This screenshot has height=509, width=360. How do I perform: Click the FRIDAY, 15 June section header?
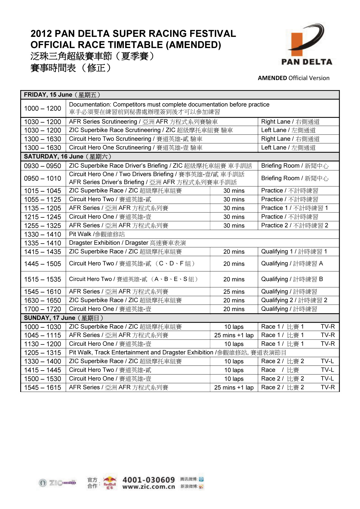(x=62, y=95)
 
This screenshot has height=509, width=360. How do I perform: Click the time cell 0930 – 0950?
(x=42, y=166)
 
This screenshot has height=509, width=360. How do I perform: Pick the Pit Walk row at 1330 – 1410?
(x=97, y=234)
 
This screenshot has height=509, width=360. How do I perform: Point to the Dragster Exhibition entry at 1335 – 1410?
(x=127, y=243)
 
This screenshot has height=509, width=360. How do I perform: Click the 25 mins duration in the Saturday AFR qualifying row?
(x=234, y=292)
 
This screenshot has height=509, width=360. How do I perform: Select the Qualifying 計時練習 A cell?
(x=292, y=264)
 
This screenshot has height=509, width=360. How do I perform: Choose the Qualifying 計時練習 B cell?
(x=292, y=279)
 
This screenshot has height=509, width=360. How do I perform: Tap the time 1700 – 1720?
(x=42, y=309)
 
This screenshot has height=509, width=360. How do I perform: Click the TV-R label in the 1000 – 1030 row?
(x=328, y=327)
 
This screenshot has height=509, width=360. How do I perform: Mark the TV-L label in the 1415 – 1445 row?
(x=327, y=370)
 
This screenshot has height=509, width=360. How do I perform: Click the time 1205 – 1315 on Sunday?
(x=42, y=353)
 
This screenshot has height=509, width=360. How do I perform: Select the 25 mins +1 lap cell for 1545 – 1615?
(x=234, y=388)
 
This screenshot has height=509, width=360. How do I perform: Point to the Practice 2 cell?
(x=294, y=226)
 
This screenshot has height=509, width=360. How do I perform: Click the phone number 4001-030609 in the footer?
(x=148, y=480)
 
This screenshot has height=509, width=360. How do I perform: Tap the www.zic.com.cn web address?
(x=148, y=487)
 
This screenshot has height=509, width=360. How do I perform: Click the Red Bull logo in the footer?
(x=109, y=482)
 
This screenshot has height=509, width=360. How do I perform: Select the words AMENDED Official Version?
(x=294, y=78)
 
